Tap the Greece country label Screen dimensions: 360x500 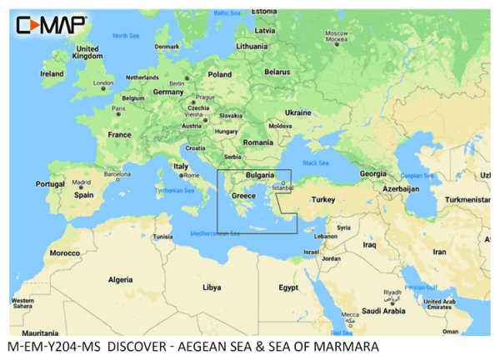point(243,197)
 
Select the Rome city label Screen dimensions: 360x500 point(191,176)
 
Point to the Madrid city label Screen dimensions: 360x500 point(81,182)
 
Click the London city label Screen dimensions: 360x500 point(103,83)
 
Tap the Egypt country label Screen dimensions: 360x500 point(288,287)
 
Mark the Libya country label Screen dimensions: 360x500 point(212,287)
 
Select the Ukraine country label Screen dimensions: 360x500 point(297,112)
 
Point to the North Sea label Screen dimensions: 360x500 point(126,36)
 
